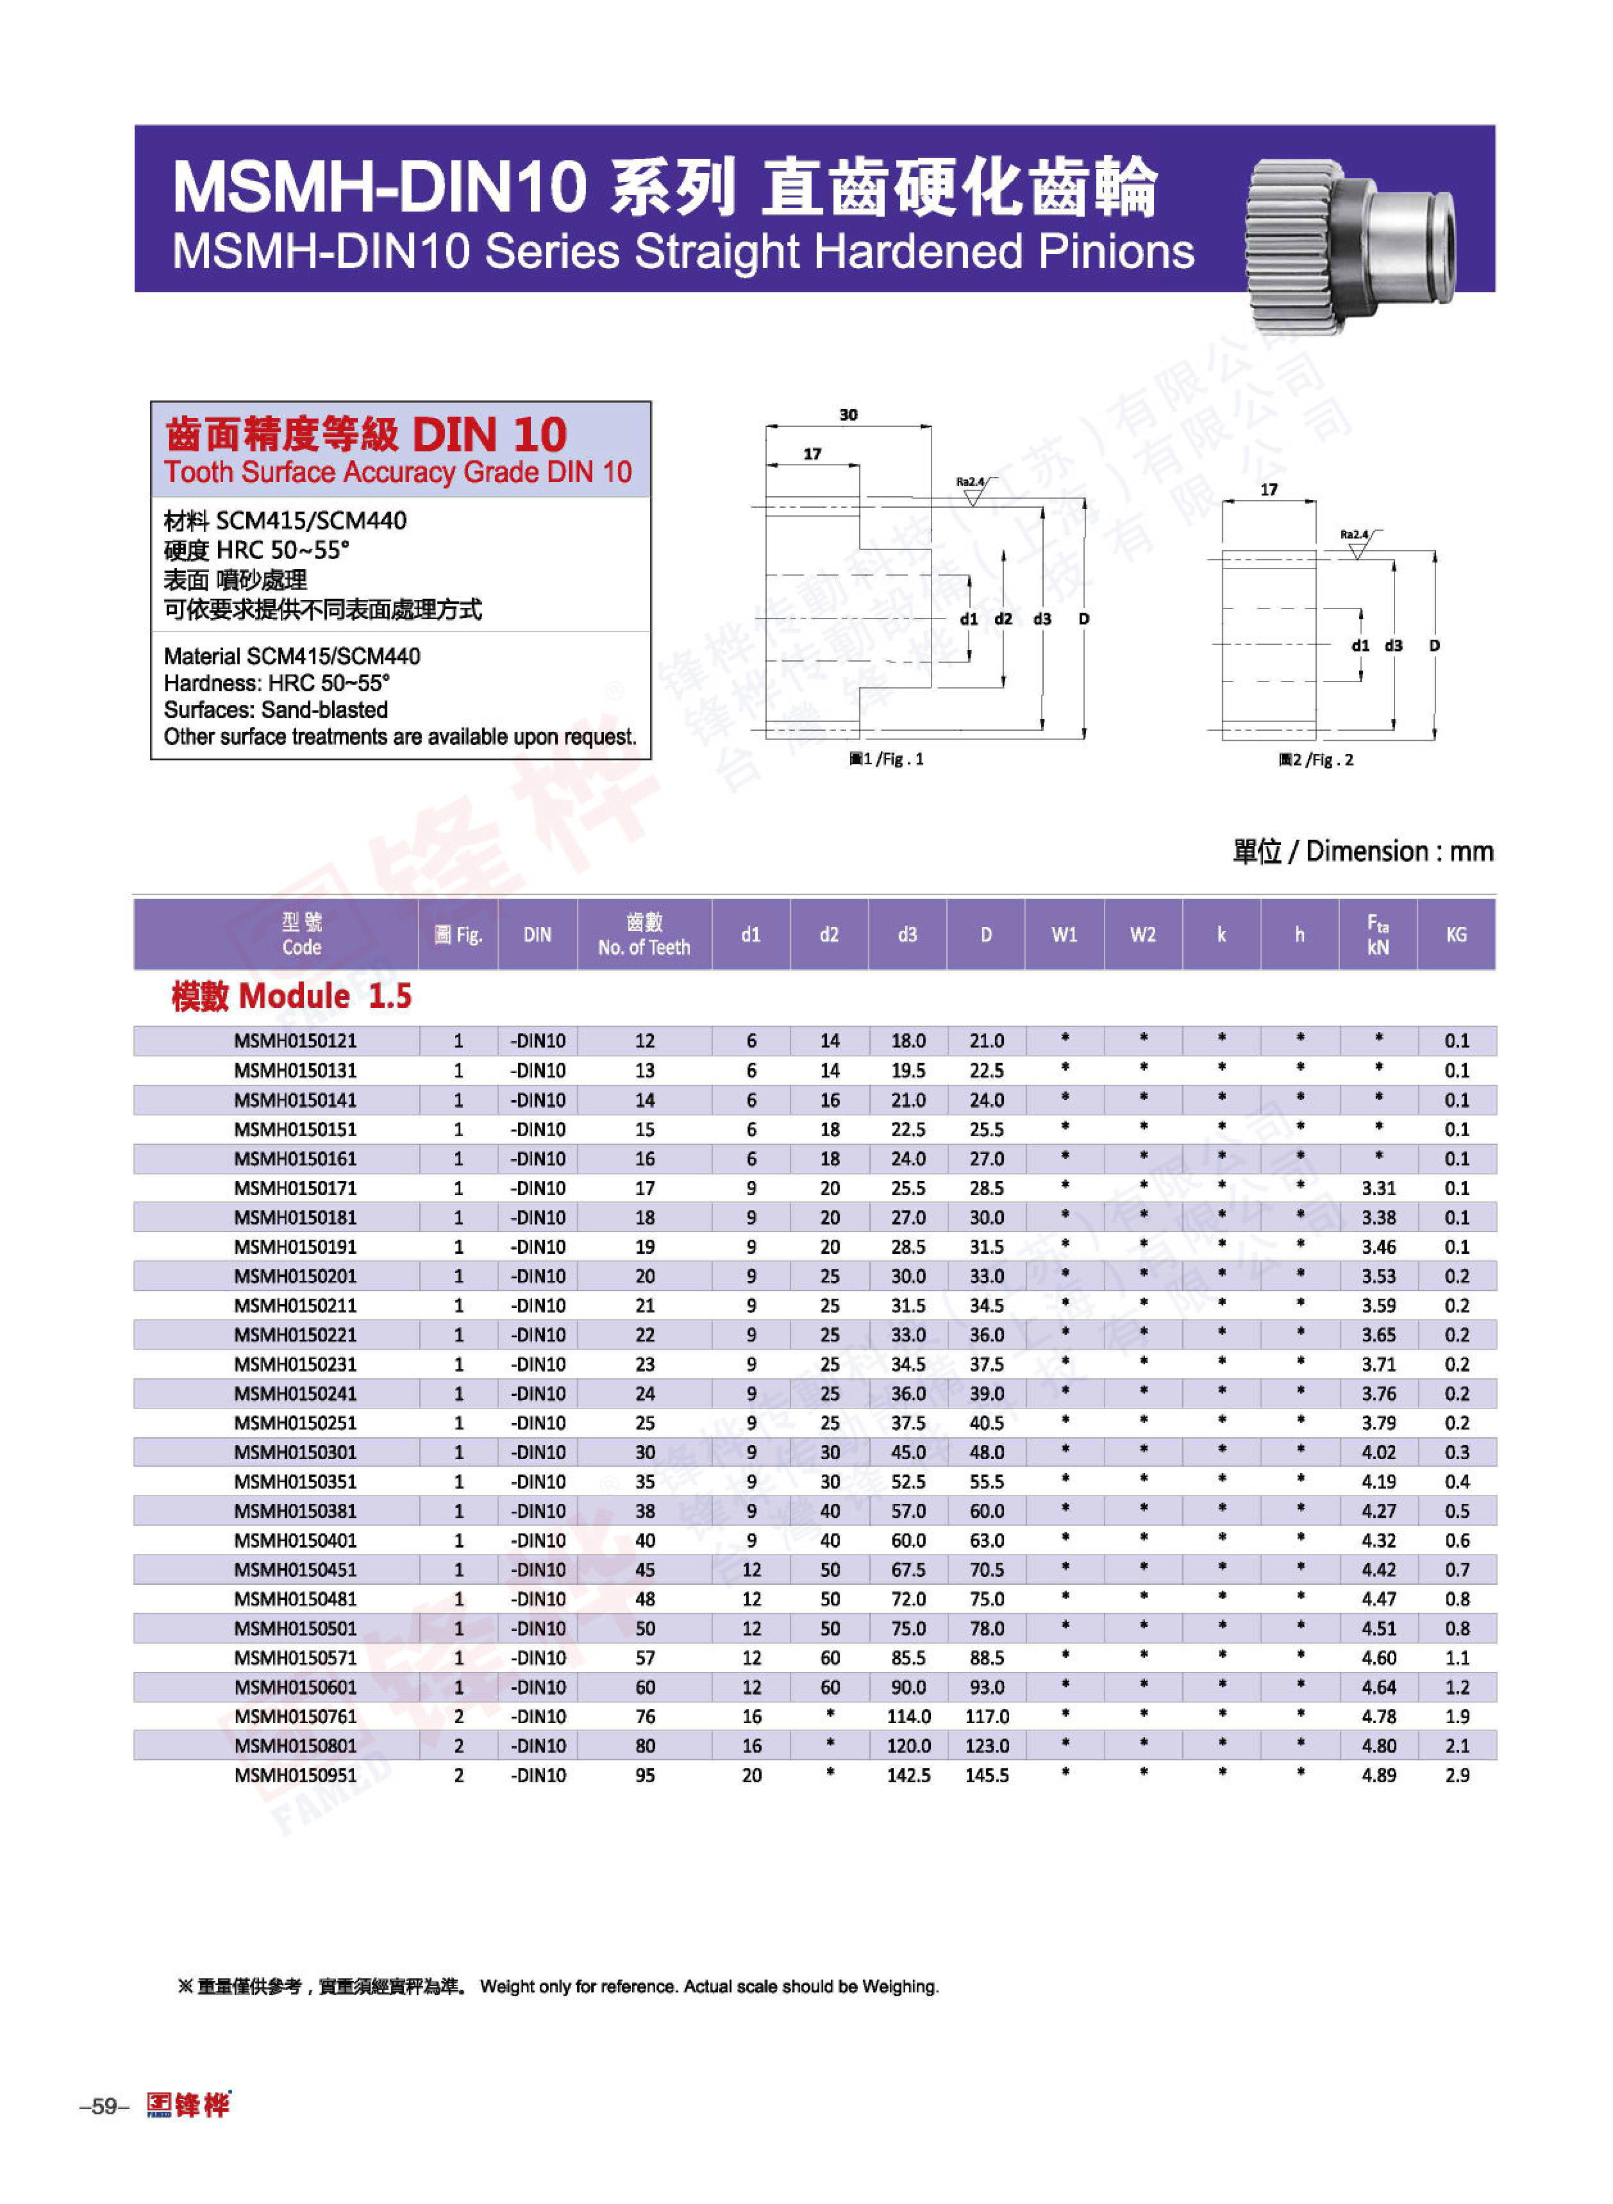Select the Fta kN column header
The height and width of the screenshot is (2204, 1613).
pyautogui.click(x=1378, y=935)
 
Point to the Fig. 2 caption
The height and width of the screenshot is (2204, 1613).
pyautogui.click(x=1316, y=760)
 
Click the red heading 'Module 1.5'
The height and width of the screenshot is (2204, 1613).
pyautogui.click(x=291, y=996)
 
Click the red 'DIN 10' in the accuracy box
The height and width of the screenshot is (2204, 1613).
pyautogui.click(x=489, y=435)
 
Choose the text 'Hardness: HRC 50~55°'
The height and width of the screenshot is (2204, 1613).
pyautogui.click(x=276, y=683)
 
